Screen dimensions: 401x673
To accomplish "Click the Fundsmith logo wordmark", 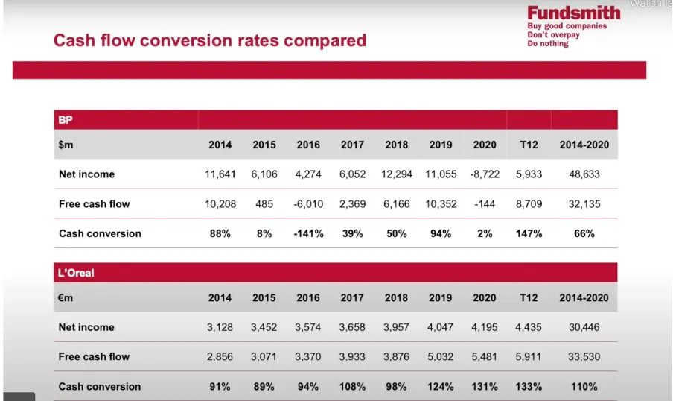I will [x=573, y=13].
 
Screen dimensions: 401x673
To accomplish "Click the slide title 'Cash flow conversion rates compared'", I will [x=209, y=40].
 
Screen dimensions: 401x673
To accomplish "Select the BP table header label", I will [x=66, y=119].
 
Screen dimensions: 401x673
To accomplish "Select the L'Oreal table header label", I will [x=76, y=273].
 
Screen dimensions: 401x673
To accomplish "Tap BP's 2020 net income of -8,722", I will [x=484, y=174].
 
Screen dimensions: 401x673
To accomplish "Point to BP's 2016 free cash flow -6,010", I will [x=307, y=204].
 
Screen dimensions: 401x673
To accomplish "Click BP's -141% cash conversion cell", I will [x=307, y=233].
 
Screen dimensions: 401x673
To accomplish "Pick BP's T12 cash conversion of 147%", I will [x=529, y=233].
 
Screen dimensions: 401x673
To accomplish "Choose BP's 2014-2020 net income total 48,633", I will [x=584, y=174].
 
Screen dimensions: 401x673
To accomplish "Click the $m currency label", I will [x=66, y=145].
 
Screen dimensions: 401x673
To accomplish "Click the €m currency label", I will [x=66, y=297].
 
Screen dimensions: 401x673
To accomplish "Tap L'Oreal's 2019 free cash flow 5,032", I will [x=440, y=357].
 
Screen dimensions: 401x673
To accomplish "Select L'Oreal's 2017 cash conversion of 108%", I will [x=352, y=386].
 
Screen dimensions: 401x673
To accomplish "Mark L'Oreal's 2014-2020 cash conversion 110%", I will [x=584, y=386].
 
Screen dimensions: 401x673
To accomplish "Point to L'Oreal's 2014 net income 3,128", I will [x=220, y=327].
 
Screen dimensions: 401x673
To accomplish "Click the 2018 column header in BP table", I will [x=396, y=145].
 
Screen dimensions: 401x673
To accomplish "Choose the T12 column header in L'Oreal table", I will [x=529, y=297].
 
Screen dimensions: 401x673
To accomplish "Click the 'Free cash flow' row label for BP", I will [x=94, y=204].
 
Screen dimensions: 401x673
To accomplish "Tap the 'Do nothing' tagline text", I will [x=547, y=44].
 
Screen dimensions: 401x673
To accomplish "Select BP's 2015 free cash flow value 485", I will [x=264, y=204].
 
